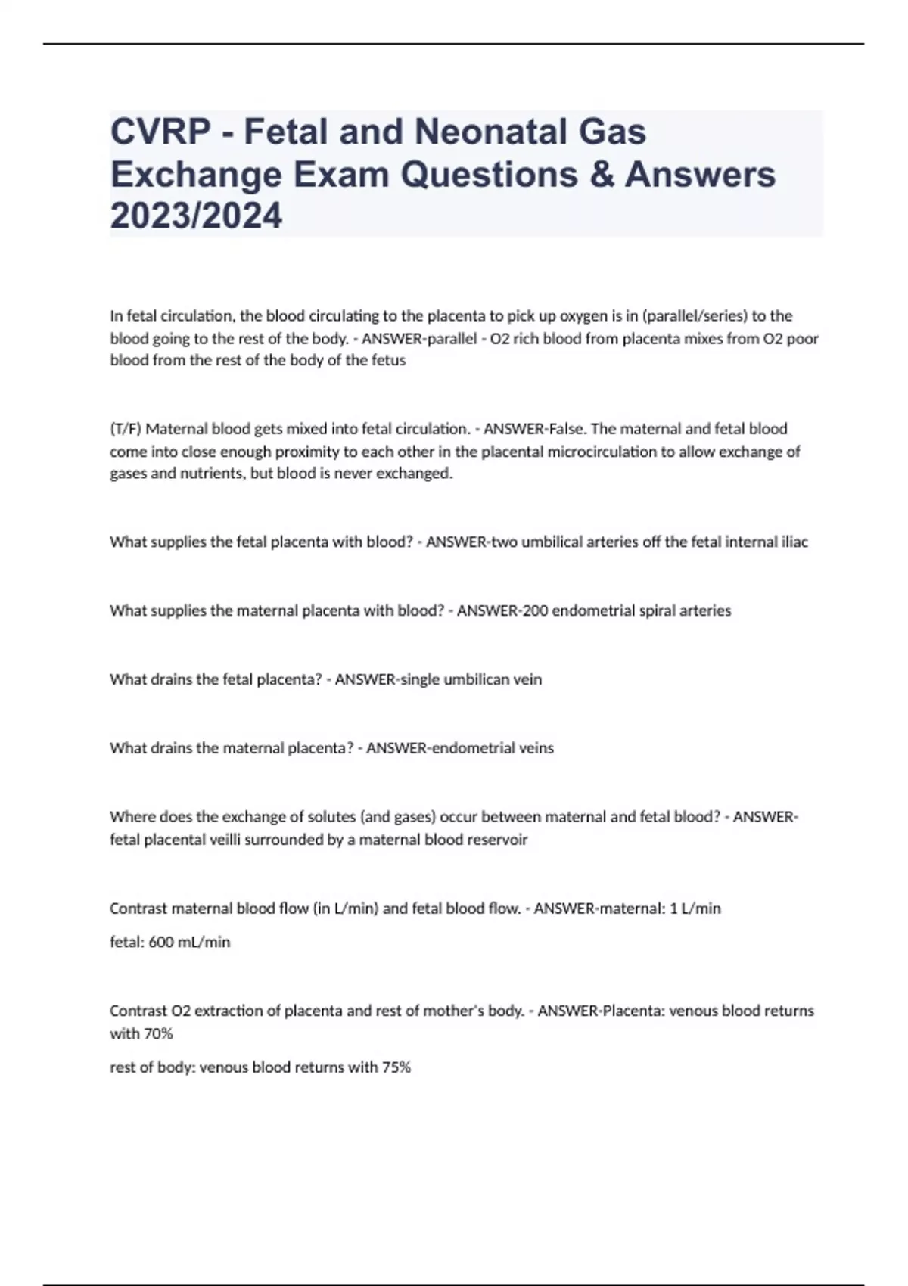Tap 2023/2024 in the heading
(196, 216)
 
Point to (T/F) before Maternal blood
(126, 429)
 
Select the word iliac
(794, 542)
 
